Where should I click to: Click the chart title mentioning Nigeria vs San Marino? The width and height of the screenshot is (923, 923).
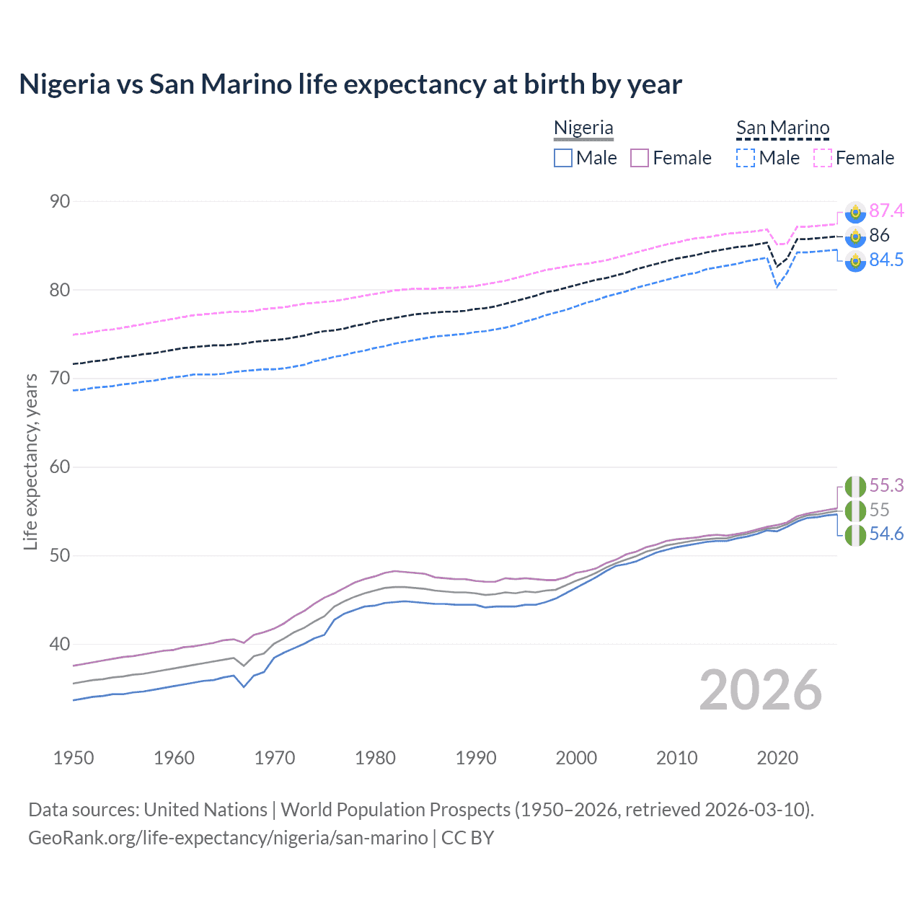click(350, 84)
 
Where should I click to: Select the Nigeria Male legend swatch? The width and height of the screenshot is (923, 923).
click(563, 158)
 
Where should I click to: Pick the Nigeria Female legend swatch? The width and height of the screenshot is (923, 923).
click(640, 158)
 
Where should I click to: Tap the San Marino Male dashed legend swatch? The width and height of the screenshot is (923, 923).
click(746, 158)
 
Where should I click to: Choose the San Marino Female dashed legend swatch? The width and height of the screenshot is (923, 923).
click(823, 158)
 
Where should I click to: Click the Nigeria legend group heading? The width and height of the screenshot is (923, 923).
click(583, 128)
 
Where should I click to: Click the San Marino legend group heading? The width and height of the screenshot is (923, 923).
click(782, 128)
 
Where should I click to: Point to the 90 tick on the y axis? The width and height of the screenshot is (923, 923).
click(60, 202)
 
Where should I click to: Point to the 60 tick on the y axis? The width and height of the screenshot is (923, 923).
click(60, 467)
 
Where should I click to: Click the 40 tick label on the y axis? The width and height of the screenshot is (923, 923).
click(60, 644)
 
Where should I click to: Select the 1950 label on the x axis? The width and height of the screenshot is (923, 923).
click(74, 758)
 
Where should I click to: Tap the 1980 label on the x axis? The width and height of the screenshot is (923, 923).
click(375, 758)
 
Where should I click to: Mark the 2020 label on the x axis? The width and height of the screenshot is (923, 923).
click(777, 758)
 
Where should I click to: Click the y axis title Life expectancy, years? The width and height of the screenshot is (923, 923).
click(30, 461)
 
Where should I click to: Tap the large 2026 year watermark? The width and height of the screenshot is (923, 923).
click(760, 690)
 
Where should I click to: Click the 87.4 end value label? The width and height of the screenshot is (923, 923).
click(886, 211)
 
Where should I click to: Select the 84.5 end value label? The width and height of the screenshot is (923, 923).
click(886, 260)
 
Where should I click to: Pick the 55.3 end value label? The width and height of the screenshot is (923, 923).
click(886, 485)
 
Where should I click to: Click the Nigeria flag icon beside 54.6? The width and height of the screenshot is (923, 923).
click(855, 535)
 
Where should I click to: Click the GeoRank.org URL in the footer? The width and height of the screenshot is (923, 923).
click(228, 838)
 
